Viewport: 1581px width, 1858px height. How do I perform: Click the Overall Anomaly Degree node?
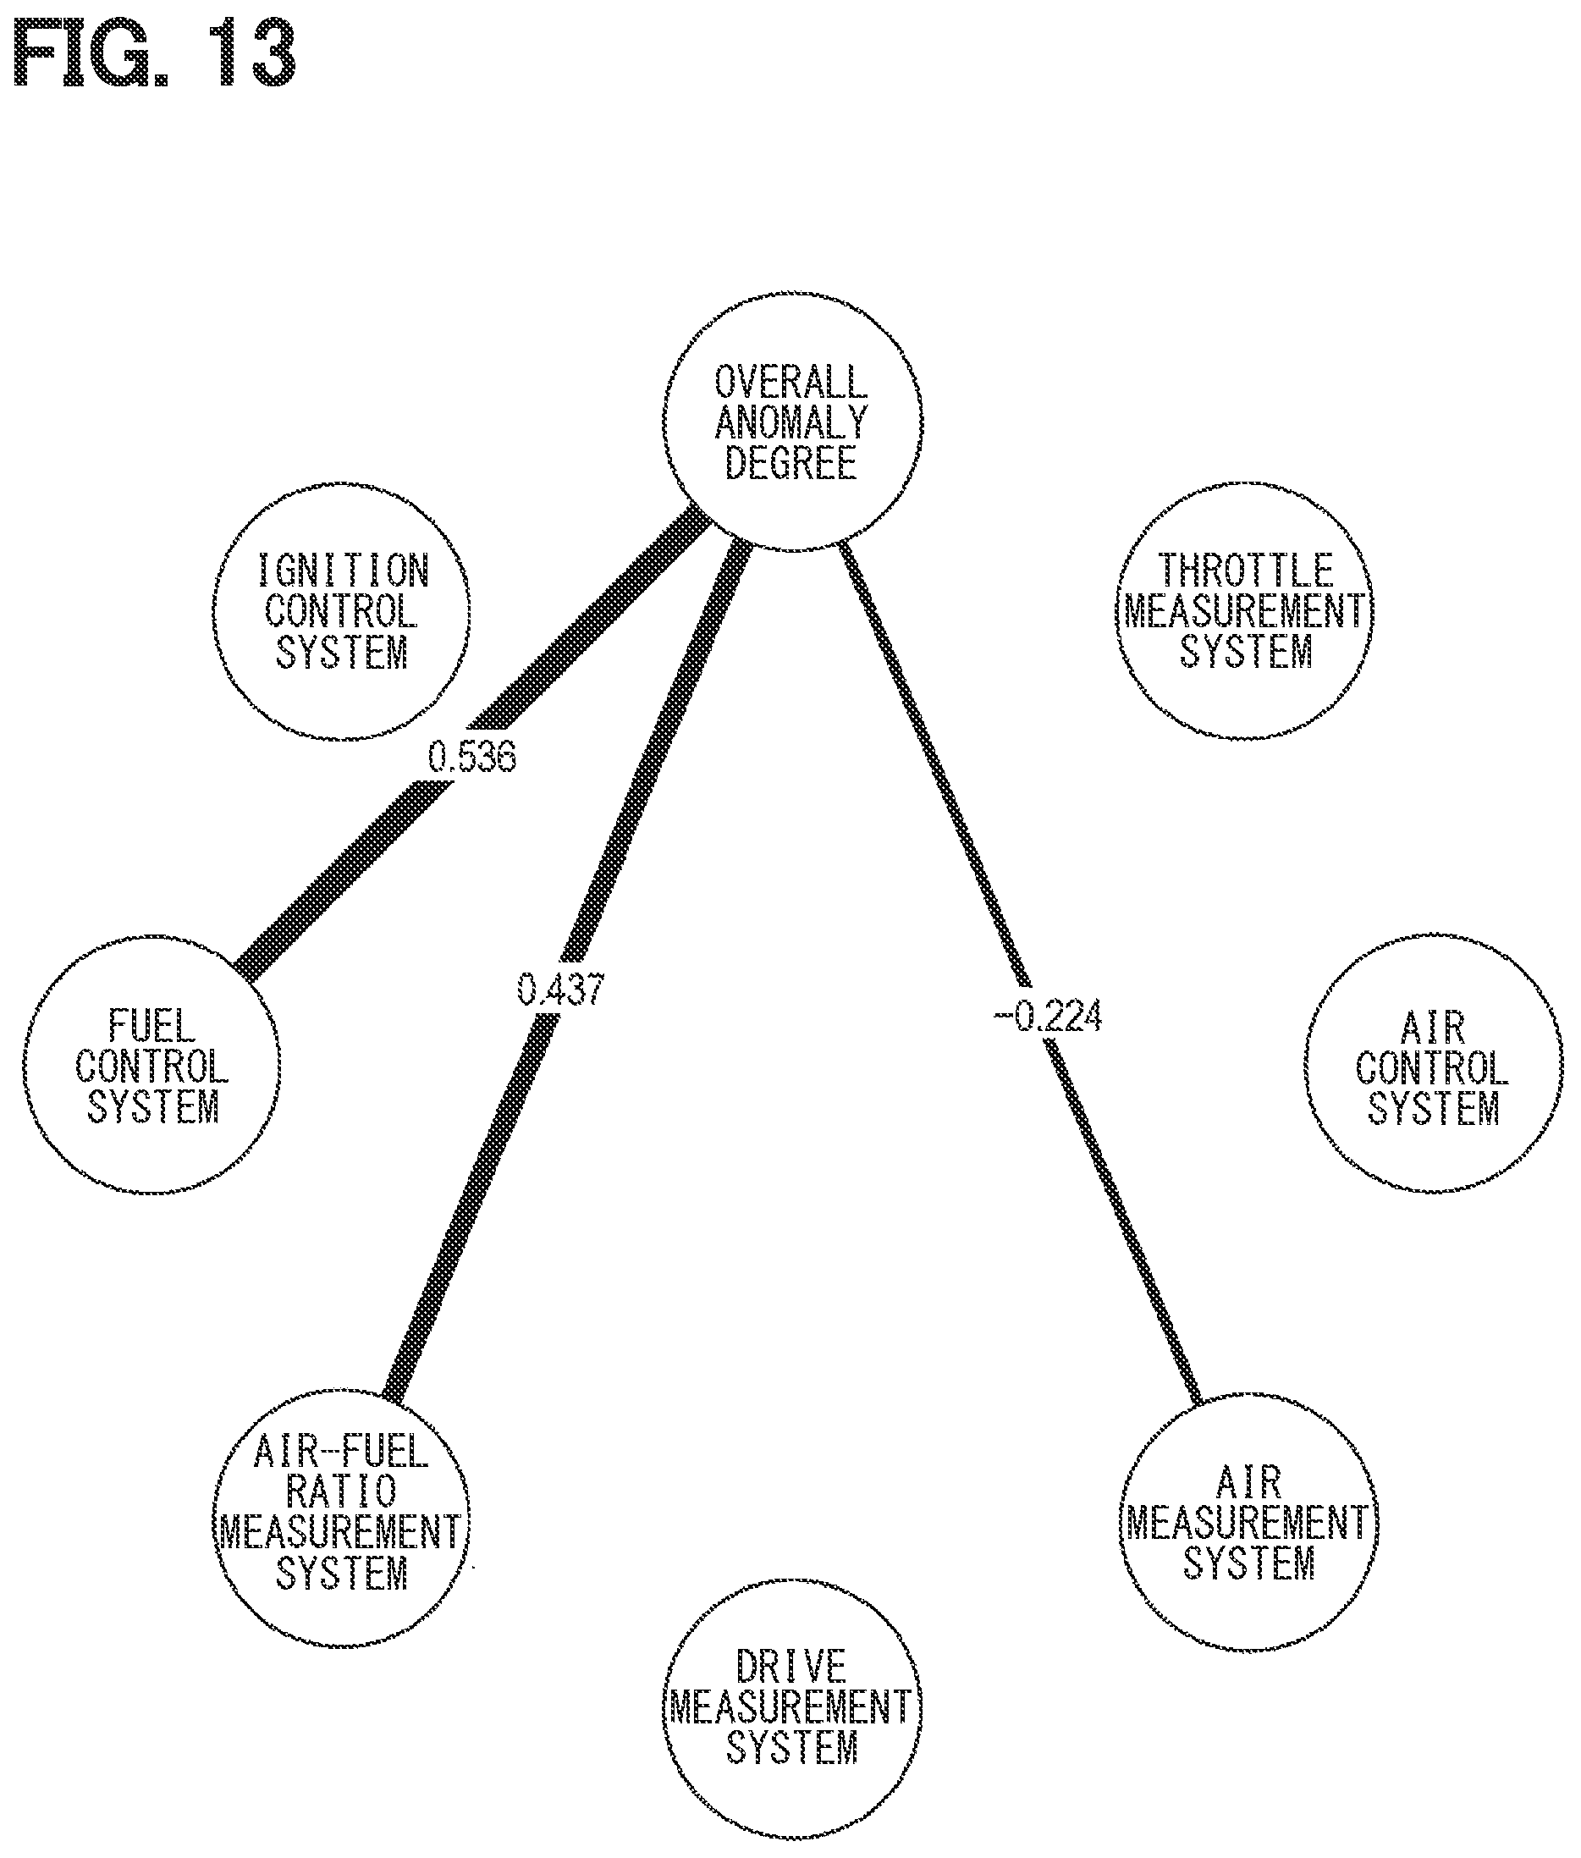tap(792, 421)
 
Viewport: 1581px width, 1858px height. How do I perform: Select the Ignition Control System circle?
tap(341, 611)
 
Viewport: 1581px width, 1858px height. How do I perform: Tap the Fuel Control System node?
tap(151, 1065)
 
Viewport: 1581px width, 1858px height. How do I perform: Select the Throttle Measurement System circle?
tap(1245, 611)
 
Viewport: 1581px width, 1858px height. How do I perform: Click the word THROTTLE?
tap(1246, 570)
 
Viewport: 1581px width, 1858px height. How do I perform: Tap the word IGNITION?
tap(344, 570)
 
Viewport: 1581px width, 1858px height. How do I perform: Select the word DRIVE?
tap(791, 1667)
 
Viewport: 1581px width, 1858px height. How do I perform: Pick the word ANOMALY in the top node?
tap(792, 422)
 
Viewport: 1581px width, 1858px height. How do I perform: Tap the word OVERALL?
tap(791, 383)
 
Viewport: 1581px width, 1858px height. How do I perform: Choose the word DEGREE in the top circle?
tap(791, 462)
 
